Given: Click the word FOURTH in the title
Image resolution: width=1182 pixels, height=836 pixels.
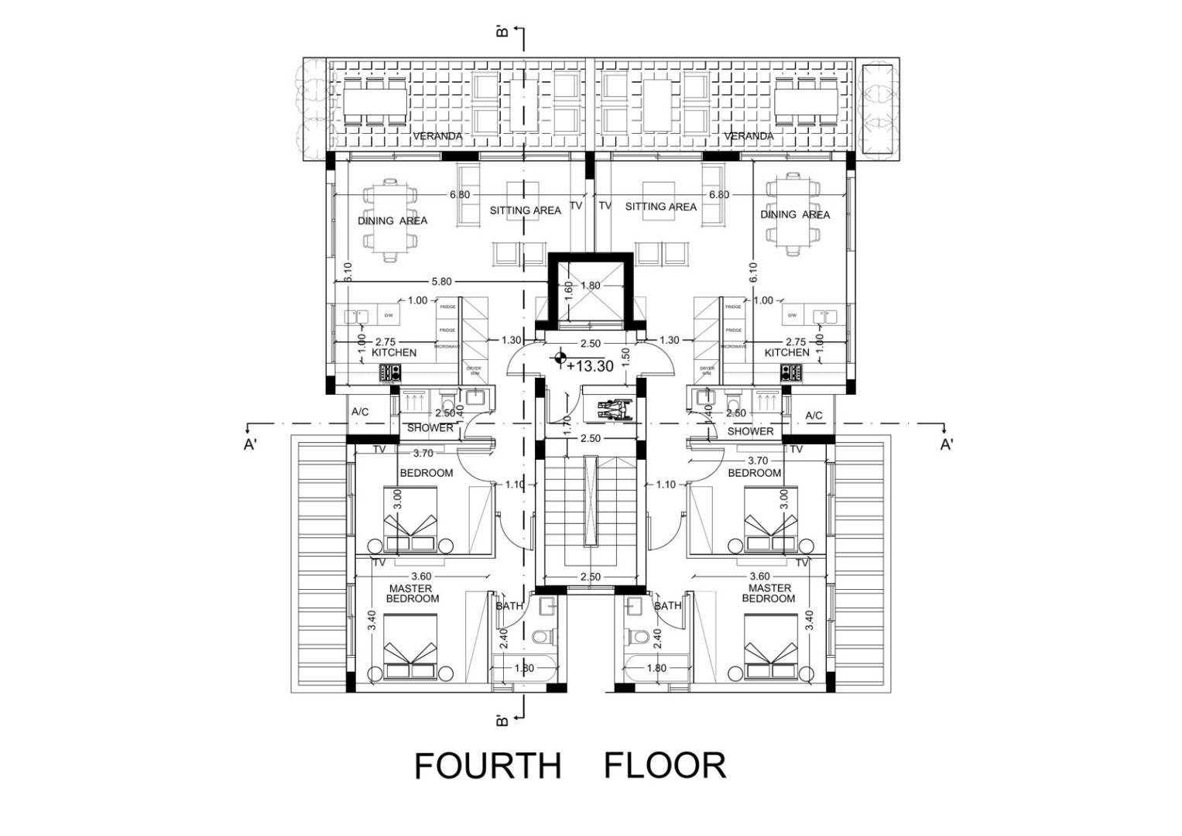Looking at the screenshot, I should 487,766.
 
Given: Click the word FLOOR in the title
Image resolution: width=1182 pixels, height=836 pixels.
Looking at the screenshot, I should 664,766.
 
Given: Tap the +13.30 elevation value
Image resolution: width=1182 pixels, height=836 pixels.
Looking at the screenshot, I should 591,366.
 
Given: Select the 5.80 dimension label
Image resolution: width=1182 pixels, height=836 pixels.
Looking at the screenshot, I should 441,282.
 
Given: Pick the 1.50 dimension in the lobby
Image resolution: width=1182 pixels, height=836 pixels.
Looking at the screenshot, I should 626,357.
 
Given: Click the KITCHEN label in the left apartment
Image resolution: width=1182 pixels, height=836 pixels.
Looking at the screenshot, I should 394,352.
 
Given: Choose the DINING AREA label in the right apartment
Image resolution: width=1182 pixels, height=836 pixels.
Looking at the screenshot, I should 794,214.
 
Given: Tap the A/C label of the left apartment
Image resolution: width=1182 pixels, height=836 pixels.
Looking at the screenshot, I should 360,413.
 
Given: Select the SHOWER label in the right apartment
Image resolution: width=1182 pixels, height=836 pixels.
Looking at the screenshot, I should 750,431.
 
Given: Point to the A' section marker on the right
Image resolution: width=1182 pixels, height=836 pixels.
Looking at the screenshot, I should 946,444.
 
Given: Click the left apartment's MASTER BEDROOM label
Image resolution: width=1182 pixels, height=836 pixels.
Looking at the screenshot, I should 412,594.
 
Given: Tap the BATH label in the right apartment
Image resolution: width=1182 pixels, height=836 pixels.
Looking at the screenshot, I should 667,605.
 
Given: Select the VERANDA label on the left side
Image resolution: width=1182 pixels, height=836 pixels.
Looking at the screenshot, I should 437,136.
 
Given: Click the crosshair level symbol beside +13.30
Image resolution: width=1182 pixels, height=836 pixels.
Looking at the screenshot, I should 558,358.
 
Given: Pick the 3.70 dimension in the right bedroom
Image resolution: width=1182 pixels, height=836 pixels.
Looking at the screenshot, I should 758,461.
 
